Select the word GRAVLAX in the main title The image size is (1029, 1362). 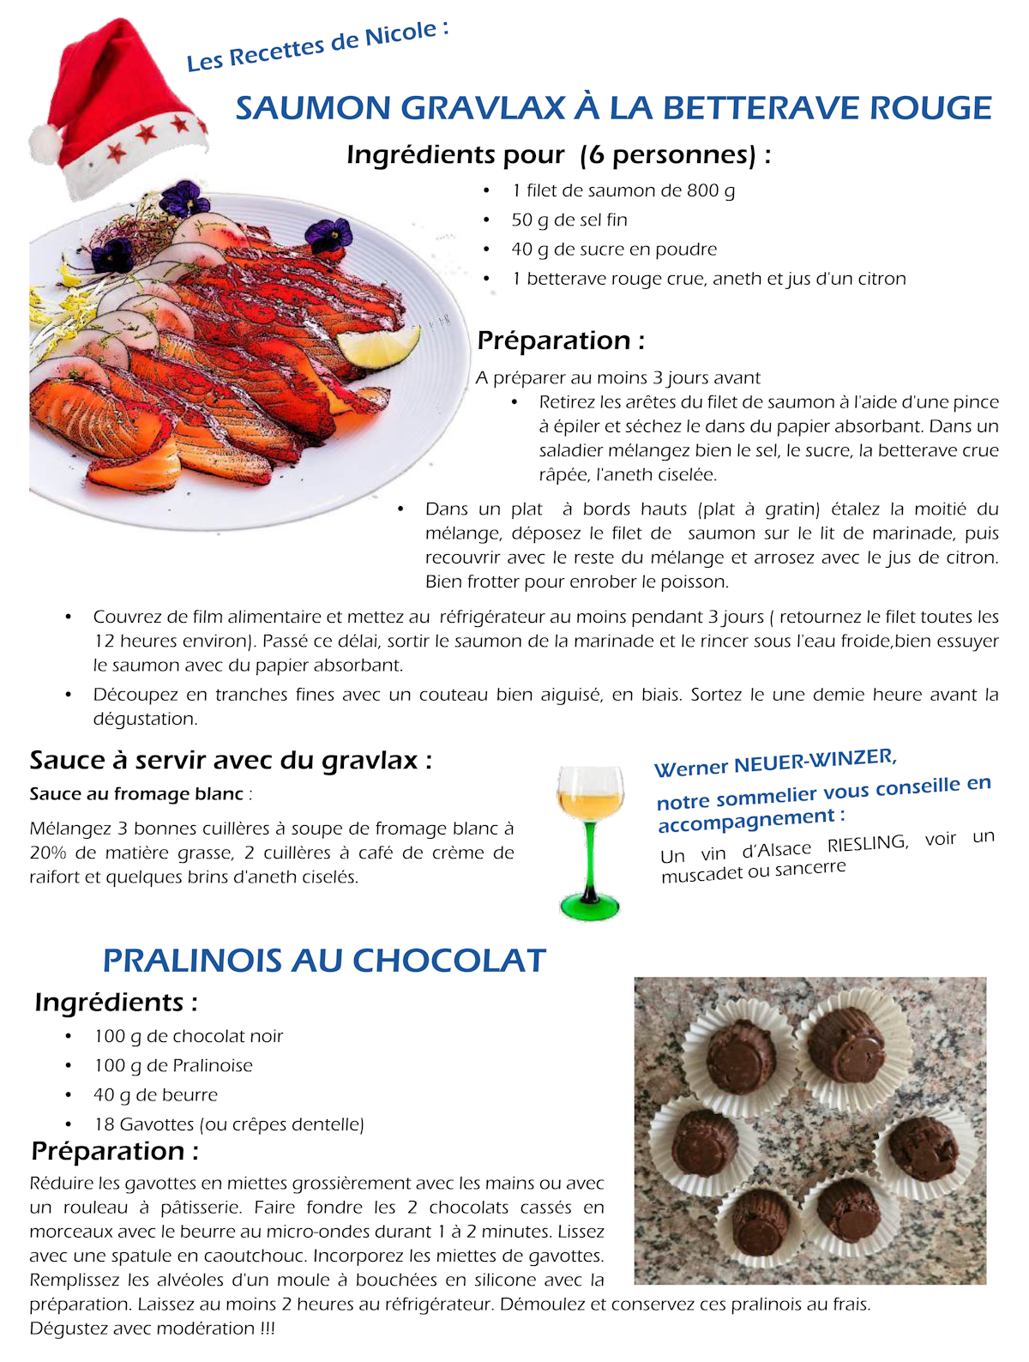tap(484, 109)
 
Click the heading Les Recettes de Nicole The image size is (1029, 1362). tap(317, 46)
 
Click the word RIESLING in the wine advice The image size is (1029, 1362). tap(867, 844)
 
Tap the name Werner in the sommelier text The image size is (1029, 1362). tap(690, 767)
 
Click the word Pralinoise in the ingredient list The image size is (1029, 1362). tap(213, 1065)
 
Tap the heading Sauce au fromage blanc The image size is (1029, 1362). tap(137, 794)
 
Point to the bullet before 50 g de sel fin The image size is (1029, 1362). tap(486, 220)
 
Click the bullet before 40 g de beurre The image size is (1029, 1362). tap(68, 1095)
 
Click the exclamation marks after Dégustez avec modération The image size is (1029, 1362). tap(267, 1329)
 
